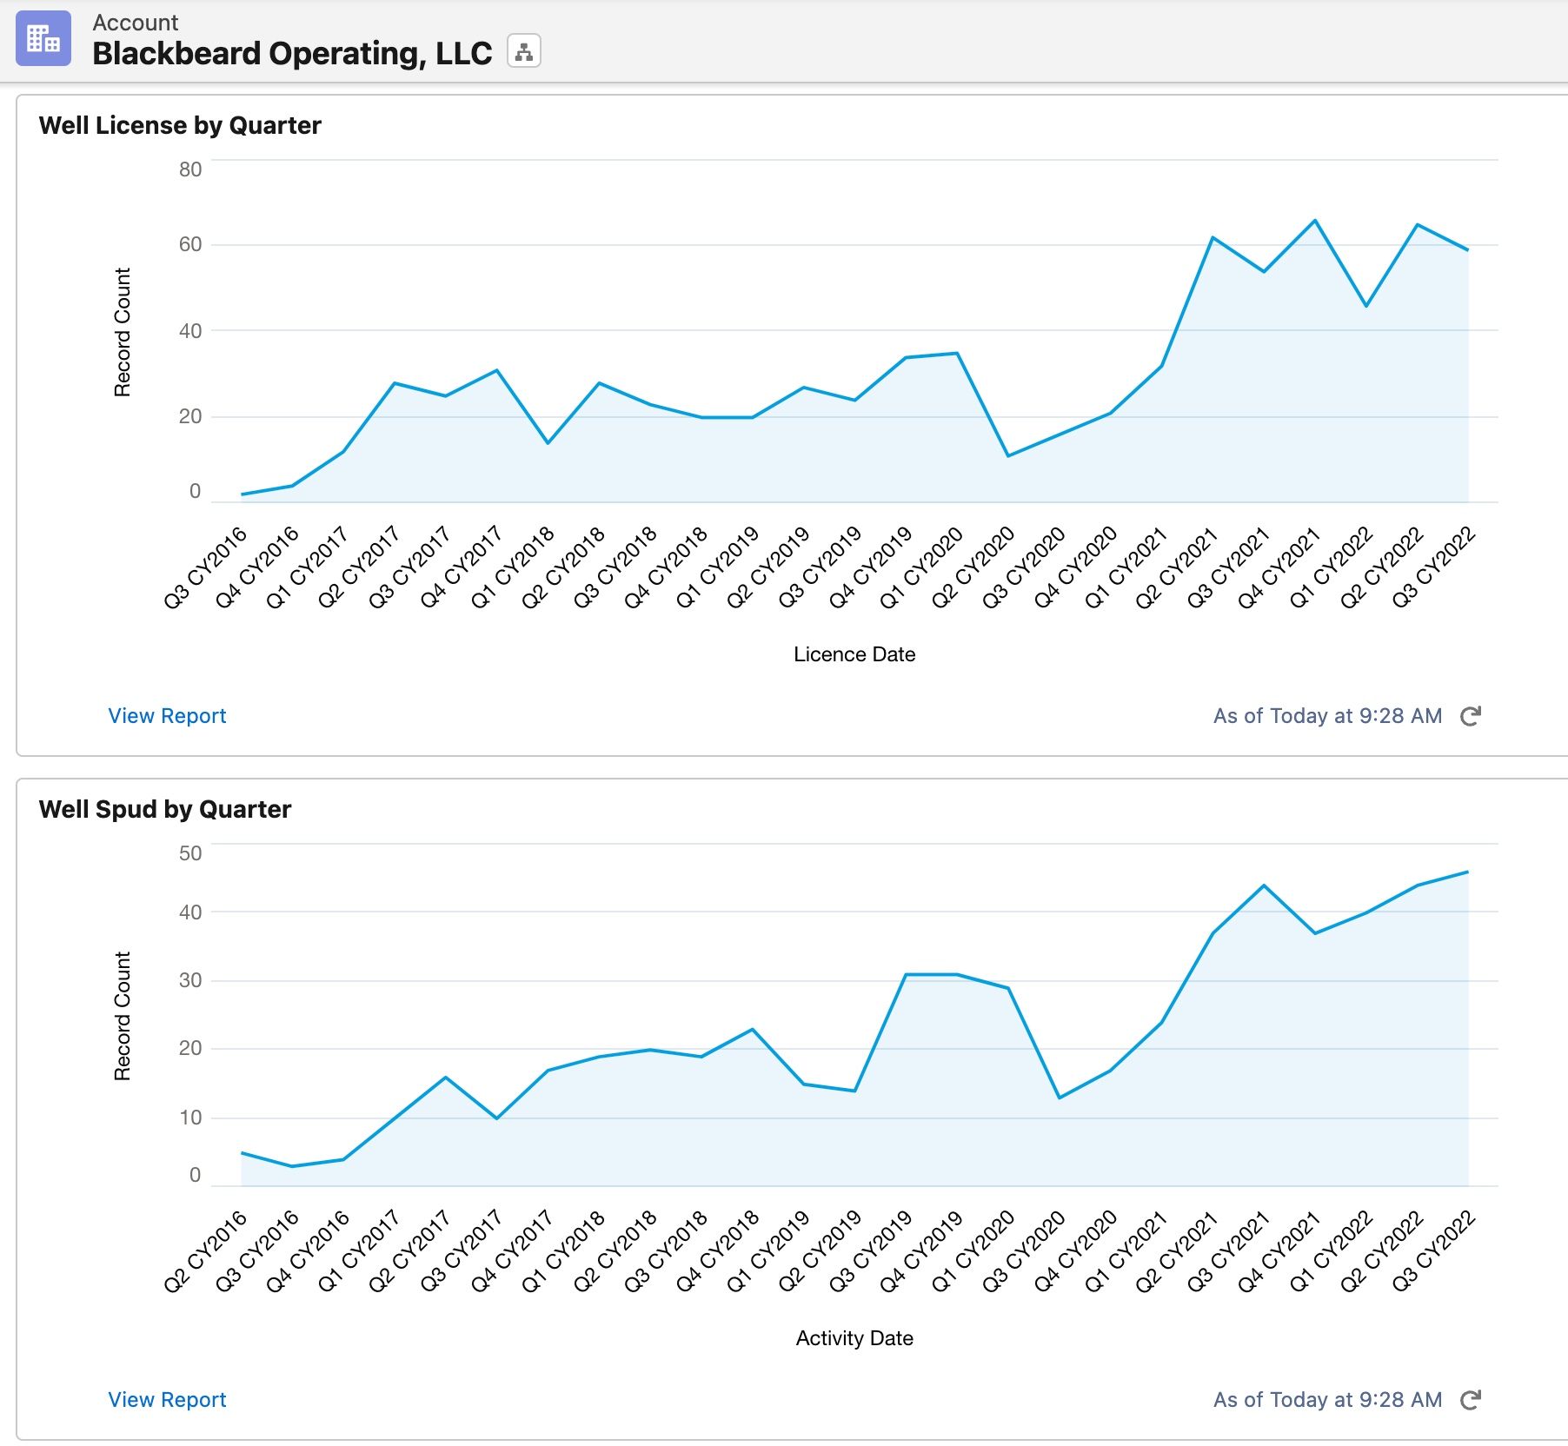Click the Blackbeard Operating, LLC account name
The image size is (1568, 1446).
pyautogui.click(x=292, y=53)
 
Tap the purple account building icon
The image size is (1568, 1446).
pyautogui.click(x=43, y=38)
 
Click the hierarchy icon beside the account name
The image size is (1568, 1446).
pyautogui.click(x=524, y=51)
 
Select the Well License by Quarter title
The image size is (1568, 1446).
pyautogui.click(x=180, y=125)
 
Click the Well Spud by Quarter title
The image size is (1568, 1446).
pyautogui.click(x=165, y=809)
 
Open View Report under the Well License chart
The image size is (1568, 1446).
pyautogui.click(x=167, y=716)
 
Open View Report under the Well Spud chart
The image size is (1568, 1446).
pyautogui.click(x=167, y=1400)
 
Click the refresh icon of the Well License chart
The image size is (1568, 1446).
pyautogui.click(x=1470, y=716)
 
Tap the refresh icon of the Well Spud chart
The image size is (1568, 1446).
pyautogui.click(x=1470, y=1400)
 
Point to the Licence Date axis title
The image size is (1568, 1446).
pyautogui.click(x=854, y=654)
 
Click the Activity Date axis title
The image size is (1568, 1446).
pyautogui.click(x=854, y=1338)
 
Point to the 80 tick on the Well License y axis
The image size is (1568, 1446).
pyautogui.click(x=190, y=169)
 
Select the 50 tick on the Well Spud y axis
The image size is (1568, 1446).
pyautogui.click(x=190, y=853)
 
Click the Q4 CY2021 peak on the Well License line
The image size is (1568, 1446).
pyautogui.click(x=1315, y=221)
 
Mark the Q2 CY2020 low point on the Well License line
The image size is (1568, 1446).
pyautogui.click(x=1008, y=455)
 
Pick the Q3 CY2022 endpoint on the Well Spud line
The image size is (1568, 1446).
pyautogui.click(x=1467, y=872)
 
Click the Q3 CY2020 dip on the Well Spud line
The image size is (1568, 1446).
pyautogui.click(x=1060, y=1098)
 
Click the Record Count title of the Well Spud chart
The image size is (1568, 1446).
pyautogui.click(x=123, y=1016)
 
